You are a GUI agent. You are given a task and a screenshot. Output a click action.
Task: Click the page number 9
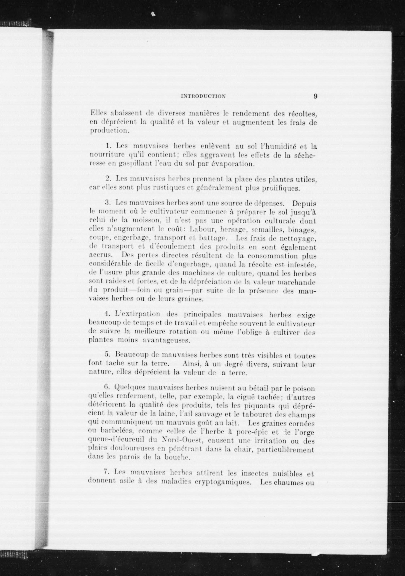click(x=315, y=96)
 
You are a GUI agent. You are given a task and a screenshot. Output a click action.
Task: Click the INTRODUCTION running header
click(x=203, y=96)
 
